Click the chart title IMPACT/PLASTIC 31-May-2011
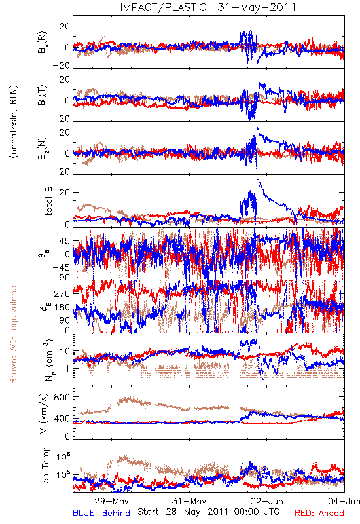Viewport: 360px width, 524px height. tap(207, 7)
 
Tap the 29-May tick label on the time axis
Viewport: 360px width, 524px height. tap(111, 501)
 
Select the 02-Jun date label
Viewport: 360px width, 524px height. tap(266, 501)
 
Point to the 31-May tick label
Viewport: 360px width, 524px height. tap(189, 501)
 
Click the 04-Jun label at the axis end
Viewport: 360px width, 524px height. tap(344, 501)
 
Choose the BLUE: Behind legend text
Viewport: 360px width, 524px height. tap(101, 513)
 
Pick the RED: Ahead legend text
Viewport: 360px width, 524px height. tap(319, 513)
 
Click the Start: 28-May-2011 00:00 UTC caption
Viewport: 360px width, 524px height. tap(208, 512)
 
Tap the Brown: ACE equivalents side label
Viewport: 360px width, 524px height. tap(13, 333)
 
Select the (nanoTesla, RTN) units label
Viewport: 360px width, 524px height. tap(14, 122)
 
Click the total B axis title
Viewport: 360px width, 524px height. tap(48, 201)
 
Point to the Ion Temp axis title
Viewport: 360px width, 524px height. tap(45, 466)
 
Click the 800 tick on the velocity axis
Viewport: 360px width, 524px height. tap(62, 397)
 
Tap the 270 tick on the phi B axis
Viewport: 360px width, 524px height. tap(62, 293)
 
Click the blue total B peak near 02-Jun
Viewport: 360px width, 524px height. tap(257, 179)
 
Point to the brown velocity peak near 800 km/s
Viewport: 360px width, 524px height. tap(125, 398)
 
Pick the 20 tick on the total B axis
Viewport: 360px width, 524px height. tap(65, 192)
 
